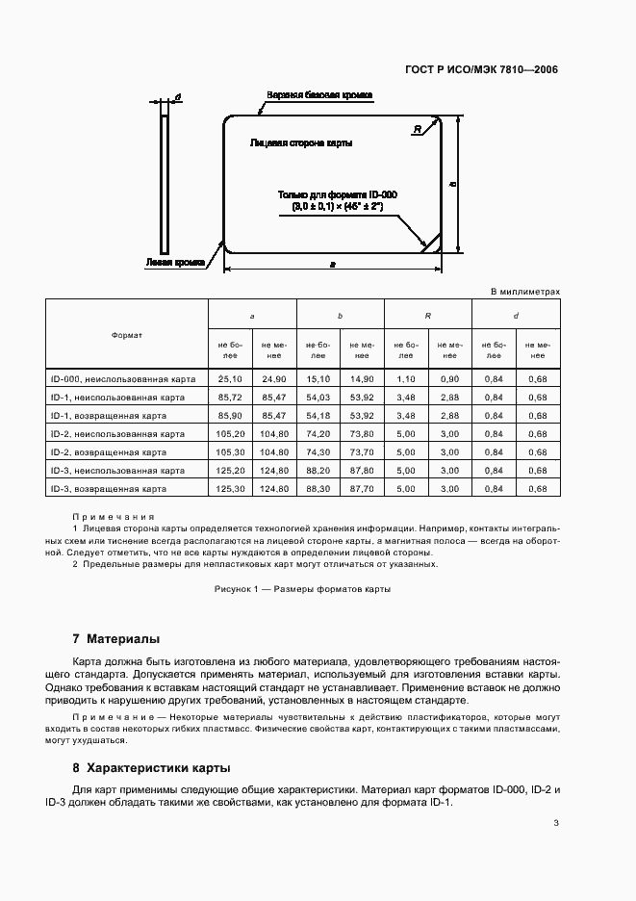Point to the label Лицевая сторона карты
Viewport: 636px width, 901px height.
pos(300,142)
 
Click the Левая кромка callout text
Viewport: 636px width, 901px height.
pos(175,262)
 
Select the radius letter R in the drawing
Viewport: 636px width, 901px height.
pos(417,129)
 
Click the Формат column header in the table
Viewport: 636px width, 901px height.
pos(127,334)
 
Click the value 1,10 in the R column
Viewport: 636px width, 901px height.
pos(406,378)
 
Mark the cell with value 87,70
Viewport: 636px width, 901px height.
pos(362,489)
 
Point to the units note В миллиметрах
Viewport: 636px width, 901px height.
pos(524,290)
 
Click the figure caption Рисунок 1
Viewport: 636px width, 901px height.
pos(302,589)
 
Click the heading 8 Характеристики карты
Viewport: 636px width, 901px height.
pos(151,768)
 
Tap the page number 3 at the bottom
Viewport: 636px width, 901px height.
pos(556,823)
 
